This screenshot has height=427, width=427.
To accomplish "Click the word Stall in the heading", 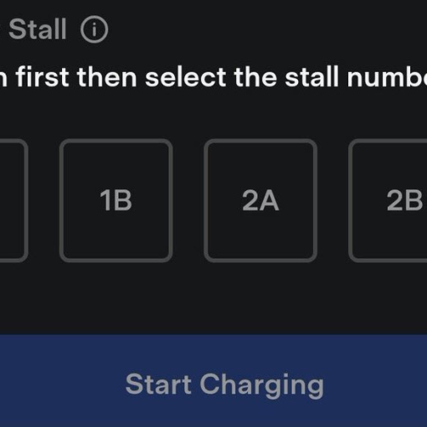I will coord(37,30).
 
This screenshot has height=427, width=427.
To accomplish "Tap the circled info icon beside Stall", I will coord(95,31).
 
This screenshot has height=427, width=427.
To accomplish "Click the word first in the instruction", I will coord(42,78).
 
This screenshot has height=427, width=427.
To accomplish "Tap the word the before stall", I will coord(255,78).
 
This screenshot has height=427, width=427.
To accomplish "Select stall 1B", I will coord(116,201).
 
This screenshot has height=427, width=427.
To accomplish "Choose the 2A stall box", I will coord(260,201).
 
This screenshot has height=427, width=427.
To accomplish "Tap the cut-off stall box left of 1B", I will coord(12,201).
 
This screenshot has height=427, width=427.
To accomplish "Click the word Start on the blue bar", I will coord(158,384).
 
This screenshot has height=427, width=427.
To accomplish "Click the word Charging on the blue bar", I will coord(262,385).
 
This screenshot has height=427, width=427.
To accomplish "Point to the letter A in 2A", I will coord(270,201).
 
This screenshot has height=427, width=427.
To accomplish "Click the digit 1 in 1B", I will coord(105,201).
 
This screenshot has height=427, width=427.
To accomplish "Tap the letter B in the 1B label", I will coord(122,201).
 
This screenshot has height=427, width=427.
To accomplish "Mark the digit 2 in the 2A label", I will coord(250,201).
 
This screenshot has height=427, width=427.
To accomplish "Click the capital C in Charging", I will coord(212,384).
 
